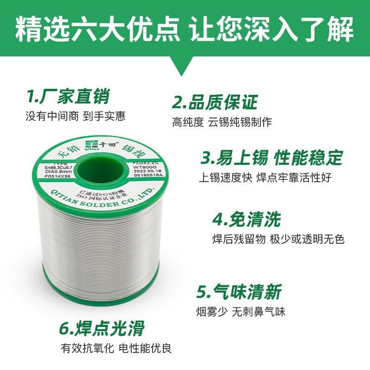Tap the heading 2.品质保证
(215, 102)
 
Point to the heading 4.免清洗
(247, 219)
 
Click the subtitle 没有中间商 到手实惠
(75, 116)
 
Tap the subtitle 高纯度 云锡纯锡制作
(222, 122)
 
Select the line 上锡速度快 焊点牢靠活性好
(265, 178)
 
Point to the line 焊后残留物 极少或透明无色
(278, 239)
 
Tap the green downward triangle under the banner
(185, 65)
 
